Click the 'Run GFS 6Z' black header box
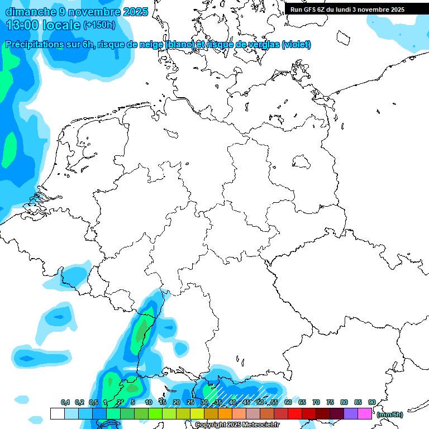pyautogui.click(x=352, y=9)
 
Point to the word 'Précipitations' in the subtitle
pyautogui.click(x=34, y=45)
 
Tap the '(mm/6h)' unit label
pyautogui.click(x=389, y=414)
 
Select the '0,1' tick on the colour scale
pyautogui.click(x=65, y=403)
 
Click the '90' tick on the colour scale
pyautogui.click(x=372, y=403)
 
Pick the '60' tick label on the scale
pyautogui.click(x=288, y=403)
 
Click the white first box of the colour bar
pyautogui.click(x=58, y=414)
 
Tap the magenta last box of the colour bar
pyautogui.click(x=365, y=414)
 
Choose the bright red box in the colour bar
pyautogui.click(x=295, y=414)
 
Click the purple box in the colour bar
pyautogui.click(x=351, y=414)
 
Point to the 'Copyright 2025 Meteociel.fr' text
pyautogui.click(x=237, y=425)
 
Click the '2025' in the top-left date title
pyautogui.click(x=135, y=11)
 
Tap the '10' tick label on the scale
pyautogui.click(x=149, y=403)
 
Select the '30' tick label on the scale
pyautogui.click(x=204, y=403)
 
